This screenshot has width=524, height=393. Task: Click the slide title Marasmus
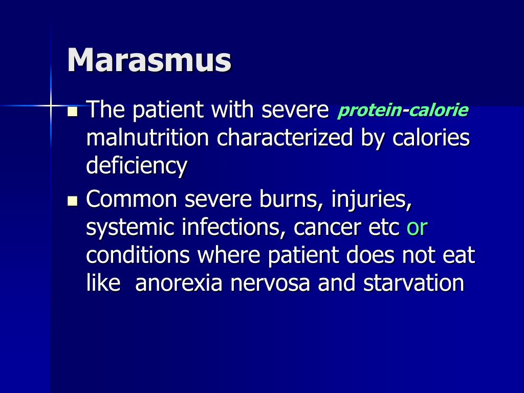[149, 60]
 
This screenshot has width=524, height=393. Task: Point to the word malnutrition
[148, 138]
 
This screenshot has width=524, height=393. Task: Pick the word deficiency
[137, 166]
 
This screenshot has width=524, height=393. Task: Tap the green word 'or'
[417, 228]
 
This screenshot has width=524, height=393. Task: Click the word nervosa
[270, 283]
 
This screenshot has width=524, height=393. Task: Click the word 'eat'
[460, 256]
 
